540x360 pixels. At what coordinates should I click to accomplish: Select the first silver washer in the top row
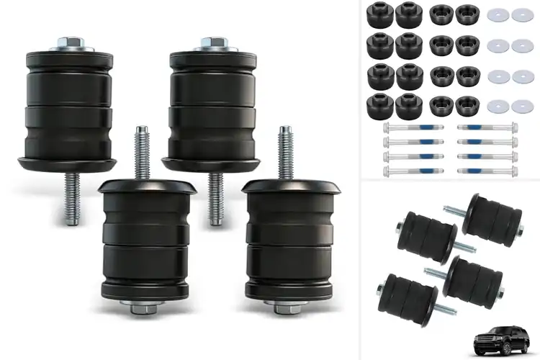pos(497,14)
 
